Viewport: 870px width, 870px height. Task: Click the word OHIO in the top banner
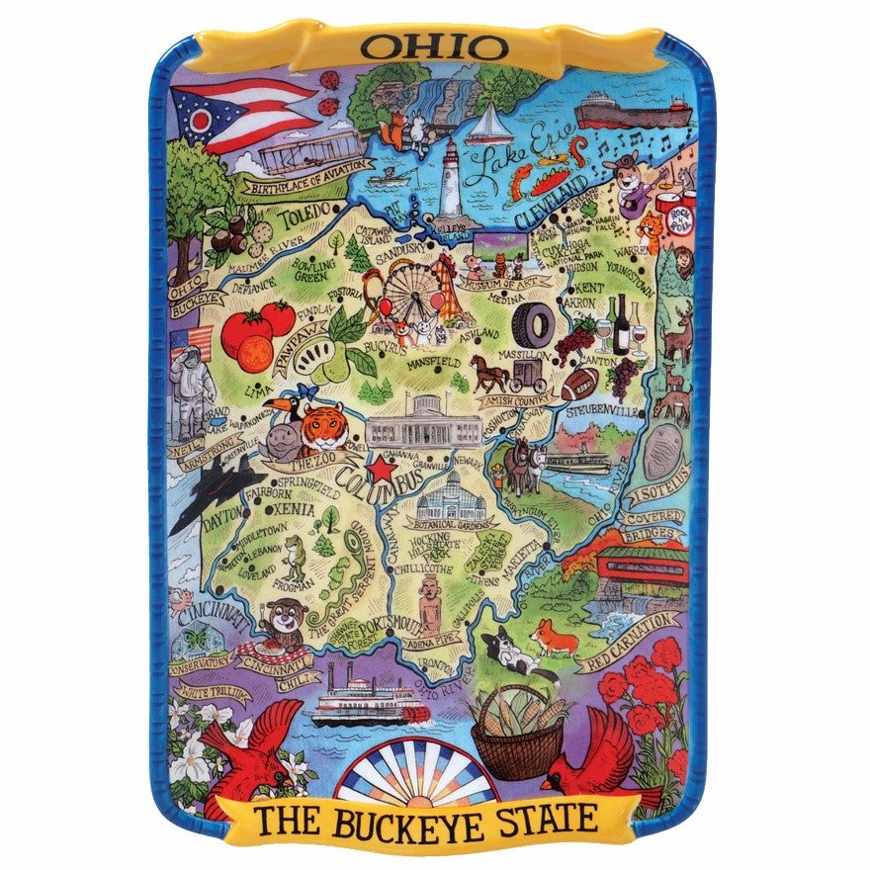[434, 46]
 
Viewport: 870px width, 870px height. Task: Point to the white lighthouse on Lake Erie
[451, 178]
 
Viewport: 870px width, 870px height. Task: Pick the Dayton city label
[222, 526]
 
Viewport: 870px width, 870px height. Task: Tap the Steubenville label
[606, 408]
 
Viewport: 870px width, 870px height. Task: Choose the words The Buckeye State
[427, 820]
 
